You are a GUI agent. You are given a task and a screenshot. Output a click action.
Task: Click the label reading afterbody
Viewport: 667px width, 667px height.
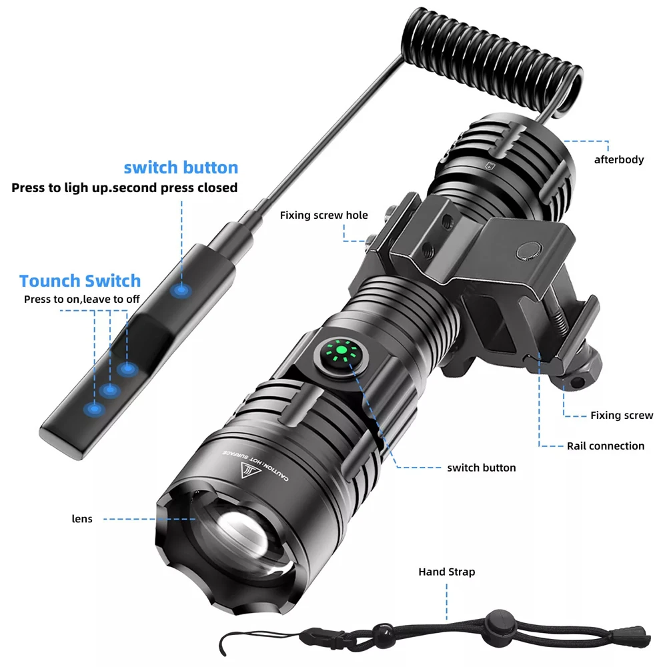pyautogui.click(x=619, y=159)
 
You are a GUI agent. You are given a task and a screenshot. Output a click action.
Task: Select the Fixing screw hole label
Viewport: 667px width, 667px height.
pyautogui.click(x=323, y=215)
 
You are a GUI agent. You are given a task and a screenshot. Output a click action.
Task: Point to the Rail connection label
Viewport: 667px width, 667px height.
pyautogui.click(x=606, y=446)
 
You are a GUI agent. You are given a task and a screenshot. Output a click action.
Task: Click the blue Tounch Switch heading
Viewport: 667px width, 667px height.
pyautogui.click(x=80, y=281)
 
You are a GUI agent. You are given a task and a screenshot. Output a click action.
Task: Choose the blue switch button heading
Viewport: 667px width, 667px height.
pyautogui.click(x=181, y=167)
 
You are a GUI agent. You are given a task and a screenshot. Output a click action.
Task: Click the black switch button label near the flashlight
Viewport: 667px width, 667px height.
pyautogui.click(x=482, y=468)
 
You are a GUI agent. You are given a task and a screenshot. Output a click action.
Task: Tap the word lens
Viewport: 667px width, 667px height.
pyautogui.click(x=83, y=518)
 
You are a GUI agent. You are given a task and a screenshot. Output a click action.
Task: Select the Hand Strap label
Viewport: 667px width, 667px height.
pyautogui.click(x=447, y=572)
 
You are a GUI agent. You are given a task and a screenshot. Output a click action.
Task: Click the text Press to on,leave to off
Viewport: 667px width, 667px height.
pyautogui.click(x=82, y=299)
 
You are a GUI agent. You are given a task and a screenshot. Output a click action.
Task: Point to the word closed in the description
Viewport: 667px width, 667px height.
pyautogui.click(x=217, y=187)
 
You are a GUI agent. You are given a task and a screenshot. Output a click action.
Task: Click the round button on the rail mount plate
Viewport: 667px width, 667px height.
pyautogui.click(x=529, y=249)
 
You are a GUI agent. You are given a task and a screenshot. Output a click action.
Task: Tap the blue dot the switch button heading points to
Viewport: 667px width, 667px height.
pyautogui.click(x=180, y=291)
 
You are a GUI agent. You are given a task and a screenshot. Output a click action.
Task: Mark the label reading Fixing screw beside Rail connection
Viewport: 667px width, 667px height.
pyautogui.click(x=622, y=416)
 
